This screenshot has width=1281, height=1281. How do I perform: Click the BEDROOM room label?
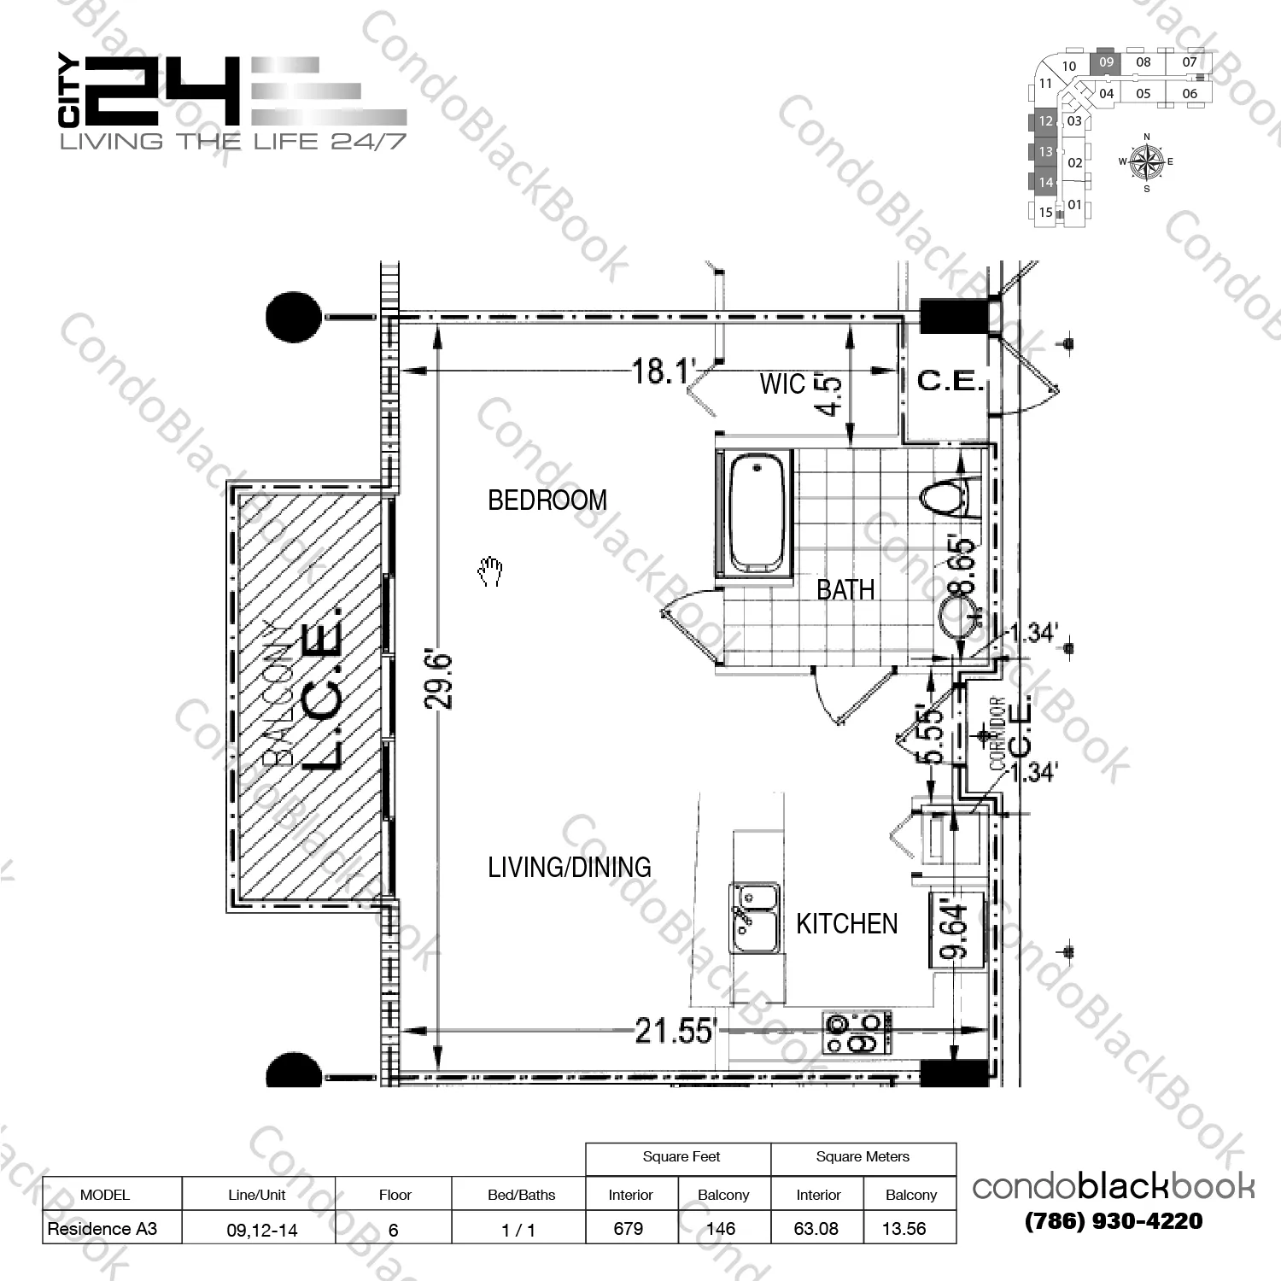[x=547, y=500]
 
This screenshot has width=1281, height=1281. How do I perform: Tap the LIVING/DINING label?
[x=569, y=868]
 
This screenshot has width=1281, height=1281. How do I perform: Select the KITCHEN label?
[x=846, y=924]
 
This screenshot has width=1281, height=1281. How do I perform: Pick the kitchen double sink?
[x=755, y=919]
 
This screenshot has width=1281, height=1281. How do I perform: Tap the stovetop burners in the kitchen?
[x=857, y=1032]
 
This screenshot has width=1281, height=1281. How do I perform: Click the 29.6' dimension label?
[x=439, y=681]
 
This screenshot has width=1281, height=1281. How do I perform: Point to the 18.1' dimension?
[x=664, y=371]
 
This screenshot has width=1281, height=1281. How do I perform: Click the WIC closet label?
[x=782, y=384]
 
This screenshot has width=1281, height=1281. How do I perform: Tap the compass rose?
[x=1146, y=161]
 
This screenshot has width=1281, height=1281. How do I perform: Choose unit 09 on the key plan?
[x=1106, y=62]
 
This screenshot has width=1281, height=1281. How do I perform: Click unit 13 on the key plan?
[x=1045, y=152]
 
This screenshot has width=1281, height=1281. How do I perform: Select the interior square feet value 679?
[x=629, y=1229]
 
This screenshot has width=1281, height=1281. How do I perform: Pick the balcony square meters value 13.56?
[x=904, y=1229]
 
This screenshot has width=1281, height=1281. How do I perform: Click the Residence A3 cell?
[x=103, y=1229]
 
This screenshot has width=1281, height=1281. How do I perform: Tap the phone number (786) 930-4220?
[x=1114, y=1221]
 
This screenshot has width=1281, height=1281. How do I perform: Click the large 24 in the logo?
[x=162, y=92]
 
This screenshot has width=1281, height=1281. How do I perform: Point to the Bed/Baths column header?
[x=521, y=1195]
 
